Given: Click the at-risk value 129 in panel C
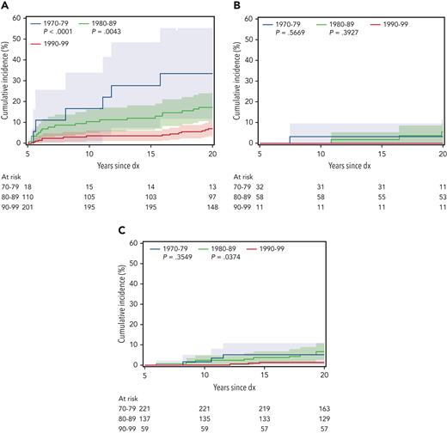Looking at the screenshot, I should coord(321,417).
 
